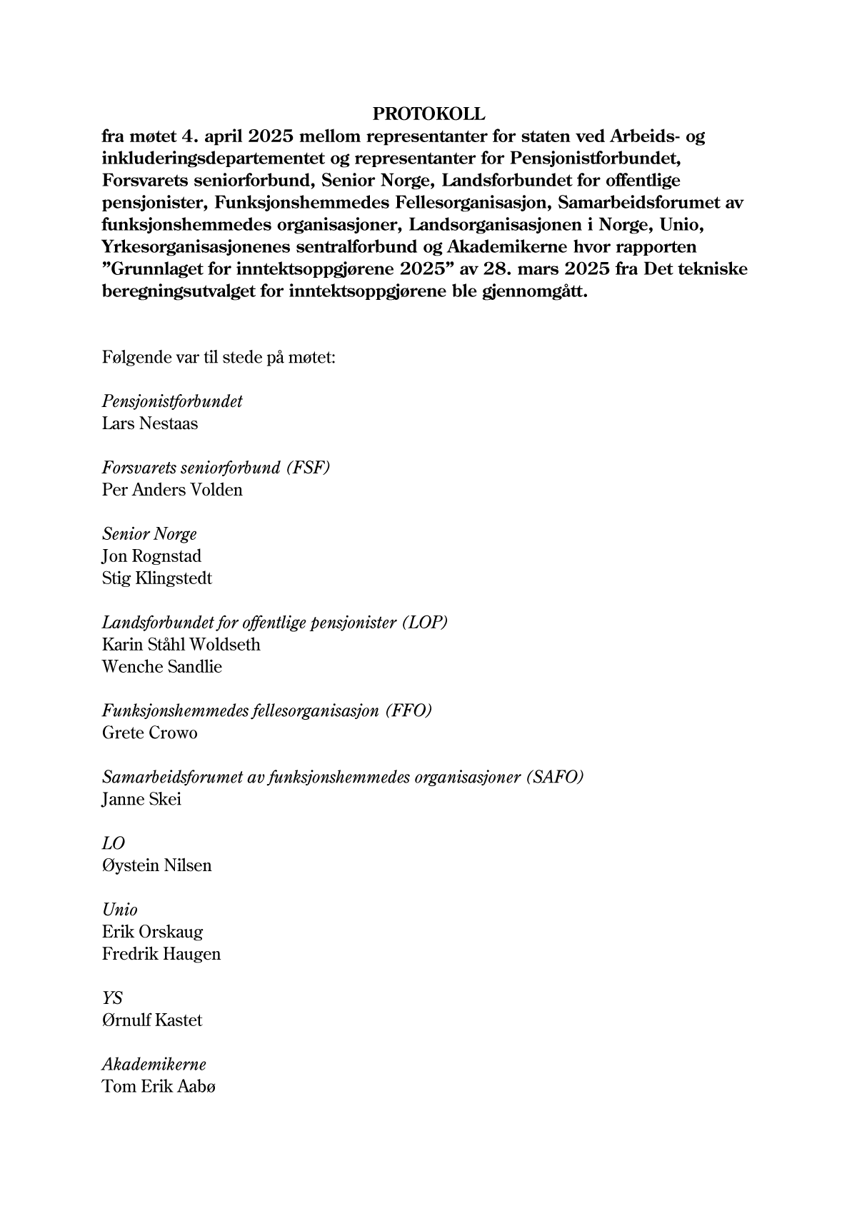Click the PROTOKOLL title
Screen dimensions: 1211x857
[428, 114]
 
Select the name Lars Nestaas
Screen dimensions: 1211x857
[150, 423]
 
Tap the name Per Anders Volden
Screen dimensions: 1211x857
[172, 490]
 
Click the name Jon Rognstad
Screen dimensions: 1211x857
[151, 556]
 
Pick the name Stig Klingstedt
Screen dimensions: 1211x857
[157, 578]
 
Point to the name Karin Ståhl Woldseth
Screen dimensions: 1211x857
[181, 645]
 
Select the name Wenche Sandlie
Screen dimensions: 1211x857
[162, 667]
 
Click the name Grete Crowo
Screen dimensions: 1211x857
[150, 733]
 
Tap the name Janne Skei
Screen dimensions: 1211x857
[141, 799]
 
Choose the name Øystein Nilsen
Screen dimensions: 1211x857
[157, 865]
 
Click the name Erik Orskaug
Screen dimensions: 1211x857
[152, 932]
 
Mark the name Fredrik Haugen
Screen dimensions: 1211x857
[161, 954]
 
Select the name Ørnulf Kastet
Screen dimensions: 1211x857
[152, 1020]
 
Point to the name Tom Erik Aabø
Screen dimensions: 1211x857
[159, 1087]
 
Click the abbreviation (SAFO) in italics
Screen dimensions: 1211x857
[554, 777]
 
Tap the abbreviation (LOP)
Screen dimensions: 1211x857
[424, 623]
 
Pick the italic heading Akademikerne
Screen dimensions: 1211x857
[154, 1065]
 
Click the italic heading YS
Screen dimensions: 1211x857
[112, 998]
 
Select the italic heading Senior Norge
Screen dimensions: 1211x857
[149, 534]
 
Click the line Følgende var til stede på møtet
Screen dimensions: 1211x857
[219, 357]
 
